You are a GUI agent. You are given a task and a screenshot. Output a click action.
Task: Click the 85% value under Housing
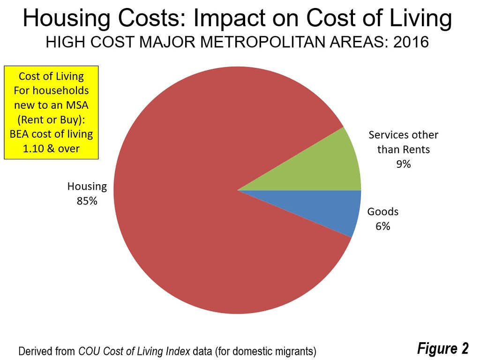[87, 201]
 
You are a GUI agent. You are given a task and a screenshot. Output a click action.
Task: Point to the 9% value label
[403, 165]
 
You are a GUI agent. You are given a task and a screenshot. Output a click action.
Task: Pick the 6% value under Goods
[382, 226]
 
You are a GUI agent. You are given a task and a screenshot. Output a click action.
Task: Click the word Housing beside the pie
[87, 187]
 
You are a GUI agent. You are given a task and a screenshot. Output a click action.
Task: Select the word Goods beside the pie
[382, 211]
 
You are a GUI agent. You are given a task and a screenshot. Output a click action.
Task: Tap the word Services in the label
[387, 135]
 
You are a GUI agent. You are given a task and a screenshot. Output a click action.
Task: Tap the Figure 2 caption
[443, 348]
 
